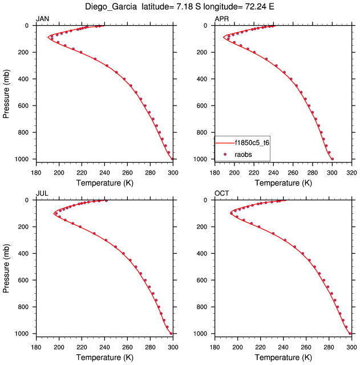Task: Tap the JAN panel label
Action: point(42,19)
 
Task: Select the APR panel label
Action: point(221,19)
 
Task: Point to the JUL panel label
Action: point(42,194)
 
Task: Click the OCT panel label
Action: point(221,194)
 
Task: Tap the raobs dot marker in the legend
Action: point(225,154)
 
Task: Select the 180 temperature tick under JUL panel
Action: point(36,346)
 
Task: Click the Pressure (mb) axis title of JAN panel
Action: point(6,92)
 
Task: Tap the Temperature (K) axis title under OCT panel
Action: point(283,357)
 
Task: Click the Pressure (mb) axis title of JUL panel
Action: point(6,266)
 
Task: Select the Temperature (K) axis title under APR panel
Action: point(283,182)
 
